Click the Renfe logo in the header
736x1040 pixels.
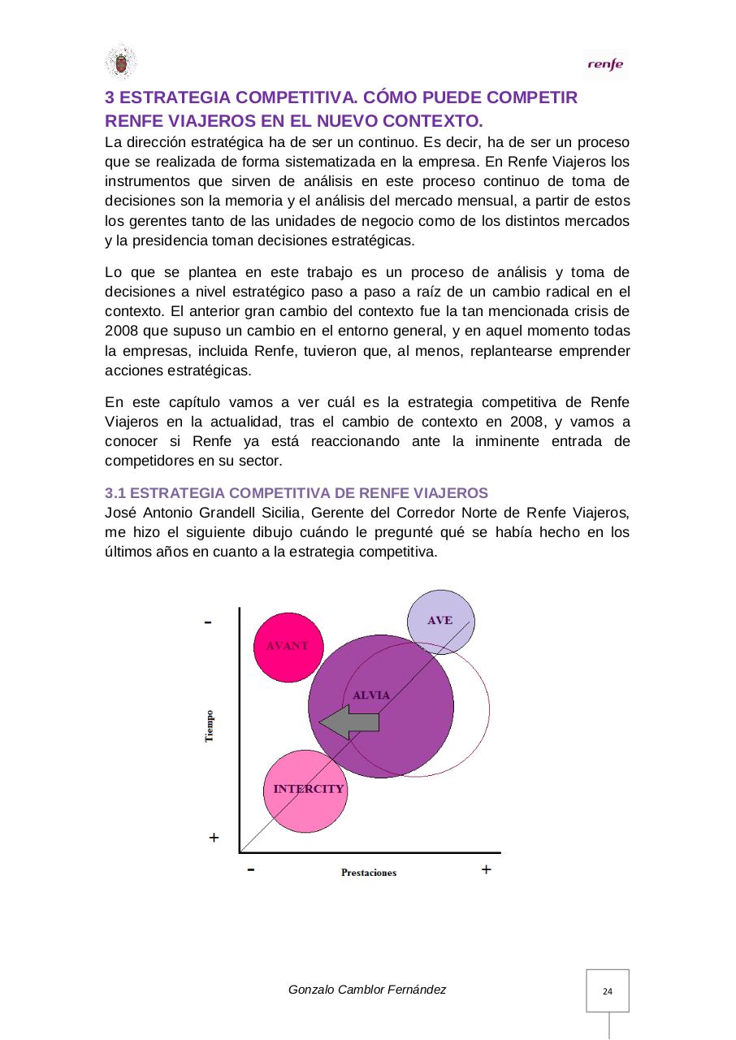(605, 65)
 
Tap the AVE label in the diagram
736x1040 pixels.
(440, 620)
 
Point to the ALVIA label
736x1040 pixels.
(371, 695)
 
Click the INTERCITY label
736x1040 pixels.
(309, 789)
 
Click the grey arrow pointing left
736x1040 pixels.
(349, 721)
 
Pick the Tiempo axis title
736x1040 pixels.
(210, 726)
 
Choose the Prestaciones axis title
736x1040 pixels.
(369, 873)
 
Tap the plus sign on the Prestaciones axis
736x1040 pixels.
(486, 869)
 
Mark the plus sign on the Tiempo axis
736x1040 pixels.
(214, 836)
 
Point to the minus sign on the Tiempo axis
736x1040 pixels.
(210, 622)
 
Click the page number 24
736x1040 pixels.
(608, 991)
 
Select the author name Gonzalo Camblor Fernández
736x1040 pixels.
(367, 990)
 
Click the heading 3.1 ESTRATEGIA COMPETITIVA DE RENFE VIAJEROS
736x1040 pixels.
(297, 493)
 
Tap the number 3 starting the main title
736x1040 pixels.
(110, 98)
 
